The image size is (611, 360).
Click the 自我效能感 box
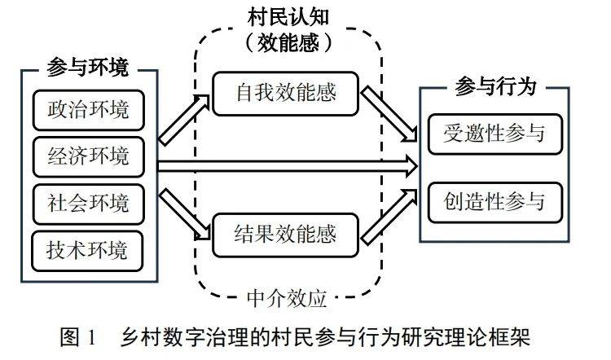pyautogui.click(x=286, y=94)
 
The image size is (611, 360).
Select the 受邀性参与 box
pyautogui.click(x=495, y=131)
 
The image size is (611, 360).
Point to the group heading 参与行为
pyautogui.click(x=496, y=86)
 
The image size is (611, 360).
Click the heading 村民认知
pyautogui.click(x=288, y=17)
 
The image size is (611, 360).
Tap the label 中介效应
pyautogui.click(x=289, y=298)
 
